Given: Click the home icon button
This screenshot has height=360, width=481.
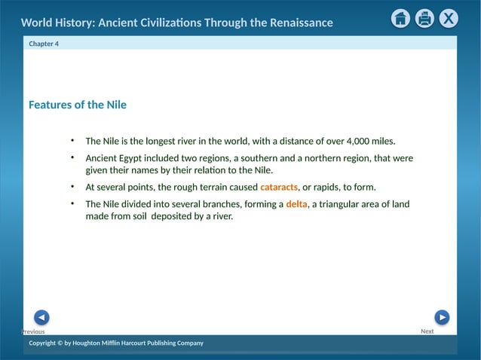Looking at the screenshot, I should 401,19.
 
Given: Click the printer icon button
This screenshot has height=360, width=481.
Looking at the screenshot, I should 424,19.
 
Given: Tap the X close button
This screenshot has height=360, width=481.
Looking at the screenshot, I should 449,19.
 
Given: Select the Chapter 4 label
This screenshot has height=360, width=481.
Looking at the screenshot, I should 44,44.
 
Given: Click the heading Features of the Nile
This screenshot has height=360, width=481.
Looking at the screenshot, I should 78,105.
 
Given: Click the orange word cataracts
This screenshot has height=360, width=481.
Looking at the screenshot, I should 279,187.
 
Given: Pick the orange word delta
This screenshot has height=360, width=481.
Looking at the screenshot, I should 297,204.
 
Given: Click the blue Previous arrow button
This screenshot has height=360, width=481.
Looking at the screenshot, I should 42,317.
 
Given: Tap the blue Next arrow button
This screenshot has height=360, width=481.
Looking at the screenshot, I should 442,317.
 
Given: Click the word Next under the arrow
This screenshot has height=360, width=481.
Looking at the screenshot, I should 427,331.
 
